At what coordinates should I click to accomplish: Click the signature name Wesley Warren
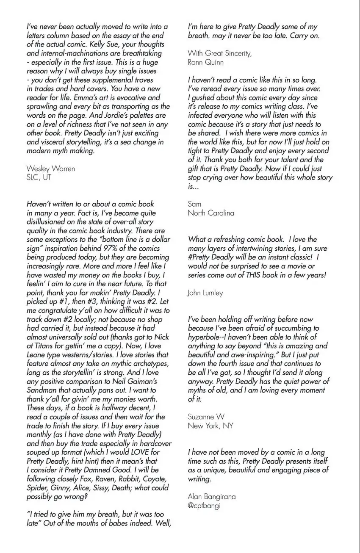pos(50,169)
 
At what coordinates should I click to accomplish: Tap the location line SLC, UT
pos(39,177)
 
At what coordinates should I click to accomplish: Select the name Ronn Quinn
pos(205,62)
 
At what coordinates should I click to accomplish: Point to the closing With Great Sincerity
pos(219,53)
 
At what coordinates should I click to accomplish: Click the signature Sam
pos(194,204)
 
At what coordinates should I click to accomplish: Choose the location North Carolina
pos(210,213)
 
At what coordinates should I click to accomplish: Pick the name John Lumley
pos(205,293)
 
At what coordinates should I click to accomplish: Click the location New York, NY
pos(210,426)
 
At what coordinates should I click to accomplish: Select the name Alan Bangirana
pos(212,497)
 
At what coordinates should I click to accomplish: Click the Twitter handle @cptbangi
pos(204,506)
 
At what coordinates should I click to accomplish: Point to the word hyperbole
pos(205,337)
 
